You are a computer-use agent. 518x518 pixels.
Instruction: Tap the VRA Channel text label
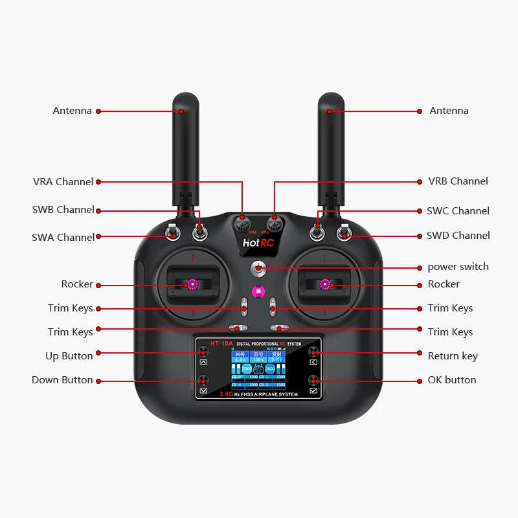63,182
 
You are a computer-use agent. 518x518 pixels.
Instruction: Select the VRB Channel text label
458,181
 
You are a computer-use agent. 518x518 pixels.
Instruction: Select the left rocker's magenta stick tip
192,284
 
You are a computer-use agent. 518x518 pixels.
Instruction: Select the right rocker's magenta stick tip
325,284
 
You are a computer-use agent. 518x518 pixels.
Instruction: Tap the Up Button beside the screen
203,353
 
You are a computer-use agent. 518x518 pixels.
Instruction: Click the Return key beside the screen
314,353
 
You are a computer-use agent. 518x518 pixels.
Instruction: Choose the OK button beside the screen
314,381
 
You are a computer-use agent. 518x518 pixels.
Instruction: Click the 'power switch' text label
458,267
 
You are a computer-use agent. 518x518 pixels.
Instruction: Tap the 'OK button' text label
451,380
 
